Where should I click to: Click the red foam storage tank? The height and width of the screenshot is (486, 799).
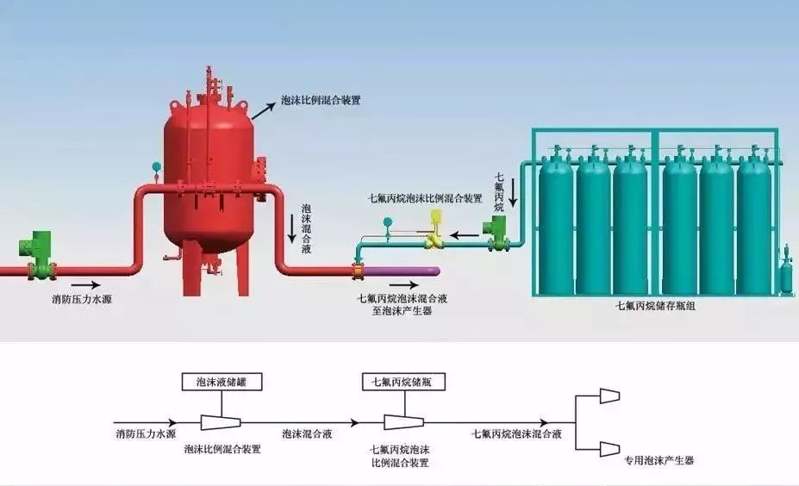206,172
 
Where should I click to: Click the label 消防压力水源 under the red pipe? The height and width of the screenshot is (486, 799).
82,301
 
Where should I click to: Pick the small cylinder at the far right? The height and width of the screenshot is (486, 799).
785,276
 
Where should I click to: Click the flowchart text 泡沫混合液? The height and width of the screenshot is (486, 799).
305,434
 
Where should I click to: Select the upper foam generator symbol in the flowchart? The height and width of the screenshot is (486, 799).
609,396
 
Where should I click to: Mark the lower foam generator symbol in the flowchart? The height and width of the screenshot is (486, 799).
609,447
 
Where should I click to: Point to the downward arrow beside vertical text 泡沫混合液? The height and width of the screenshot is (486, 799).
291,226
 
